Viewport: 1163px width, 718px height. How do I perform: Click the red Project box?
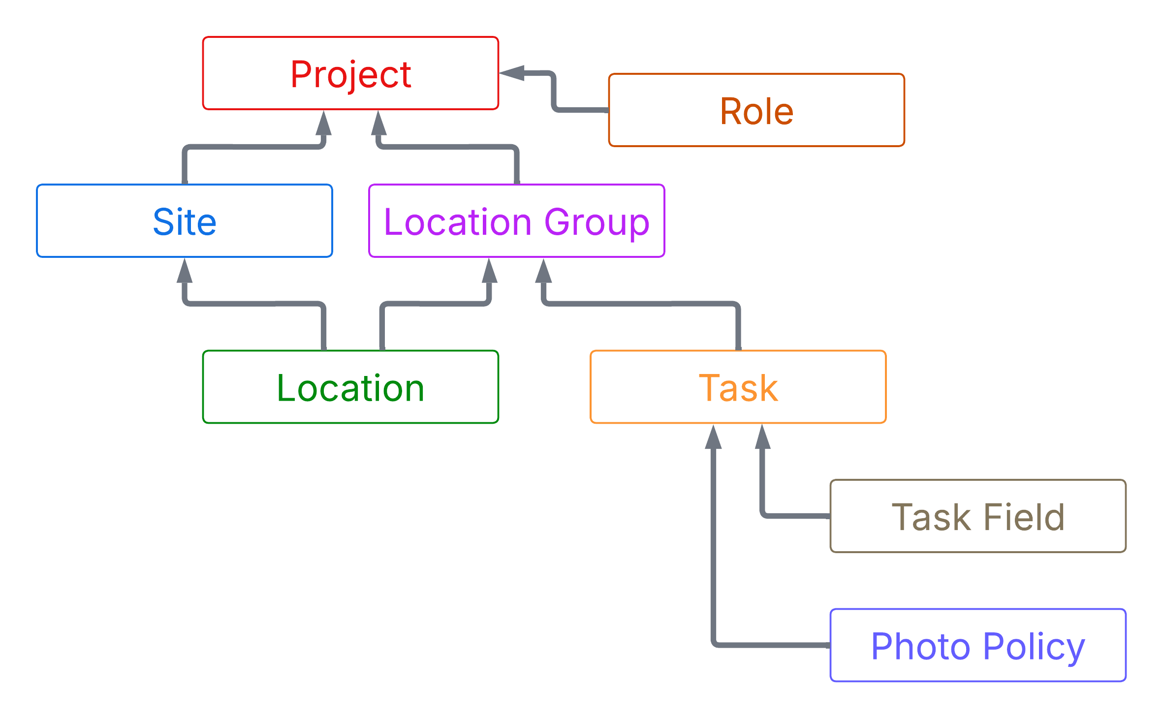click(350, 73)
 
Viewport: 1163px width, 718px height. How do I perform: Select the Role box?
click(756, 110)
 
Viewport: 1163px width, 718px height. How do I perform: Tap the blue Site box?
click(185, 221)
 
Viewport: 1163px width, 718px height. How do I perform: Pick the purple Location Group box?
click(516, 221)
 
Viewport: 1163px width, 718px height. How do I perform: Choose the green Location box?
click(350, 387)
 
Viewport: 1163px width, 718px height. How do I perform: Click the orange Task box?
click(738, 387)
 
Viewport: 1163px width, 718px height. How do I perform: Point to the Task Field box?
click(978, 516)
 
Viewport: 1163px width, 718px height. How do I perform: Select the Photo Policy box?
click(978, 645)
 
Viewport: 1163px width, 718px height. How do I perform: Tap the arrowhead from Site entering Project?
click(323, 123)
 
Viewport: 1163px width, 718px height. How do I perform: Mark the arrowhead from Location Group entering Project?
click(378, 123)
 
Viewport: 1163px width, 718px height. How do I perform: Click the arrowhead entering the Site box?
click(185, 271)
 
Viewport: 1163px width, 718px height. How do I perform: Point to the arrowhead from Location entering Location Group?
click(489, 271)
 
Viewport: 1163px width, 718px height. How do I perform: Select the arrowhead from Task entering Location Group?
click(543, 271)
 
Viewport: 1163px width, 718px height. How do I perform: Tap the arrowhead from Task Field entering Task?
click(762, 437)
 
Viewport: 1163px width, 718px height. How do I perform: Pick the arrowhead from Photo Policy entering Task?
click(713, 437)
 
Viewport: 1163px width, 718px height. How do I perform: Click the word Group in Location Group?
click(597, 222)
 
